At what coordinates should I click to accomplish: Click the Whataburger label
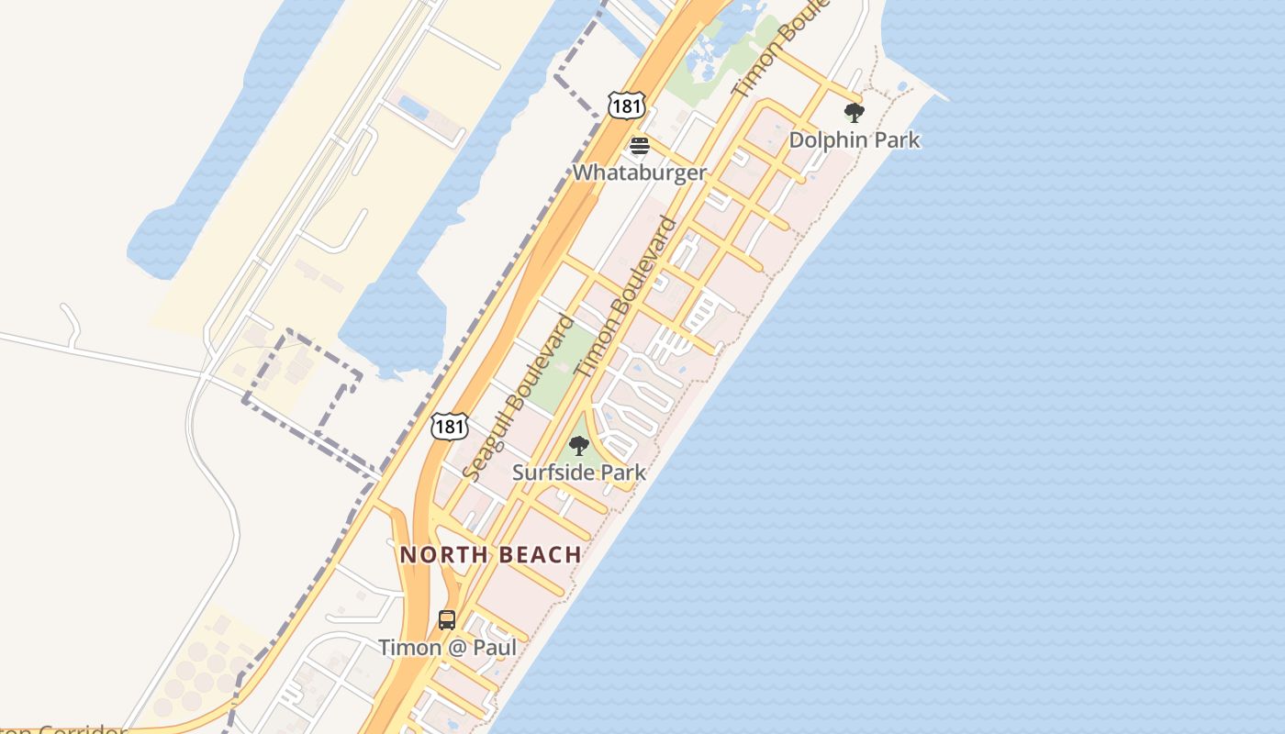pyautogui.click(x=640, y=172)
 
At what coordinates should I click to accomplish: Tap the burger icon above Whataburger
pyautogui.click(x=640, y=146)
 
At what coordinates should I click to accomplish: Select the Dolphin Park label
pyautogui.click(x=854, y=140)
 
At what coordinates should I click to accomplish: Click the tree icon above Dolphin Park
pyautogui.click(x=854, y=113)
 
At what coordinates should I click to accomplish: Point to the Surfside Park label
pyautogui.click(x=578, y=473)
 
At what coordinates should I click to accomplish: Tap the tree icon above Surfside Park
pyautogui.click(x=578, y=446)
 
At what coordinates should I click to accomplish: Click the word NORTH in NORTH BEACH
pyautogui.click(x=441, y=554)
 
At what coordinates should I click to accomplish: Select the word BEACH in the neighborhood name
pyautogui.click(x=540, y=554)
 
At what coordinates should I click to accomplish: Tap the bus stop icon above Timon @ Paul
pyautogui.click(x=447, y=620)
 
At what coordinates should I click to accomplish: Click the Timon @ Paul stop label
pyautogui.click(x=447, y=647)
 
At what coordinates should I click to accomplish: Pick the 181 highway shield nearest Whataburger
pyautogui.click(x=626, y=106)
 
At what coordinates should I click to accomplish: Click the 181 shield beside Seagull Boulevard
pyautogui.click(x=450, y=426)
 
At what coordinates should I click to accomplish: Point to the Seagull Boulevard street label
pyautogui.click(x=520, y=396)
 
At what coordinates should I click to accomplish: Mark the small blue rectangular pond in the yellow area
pyautogui.click(x=414, y=107)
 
